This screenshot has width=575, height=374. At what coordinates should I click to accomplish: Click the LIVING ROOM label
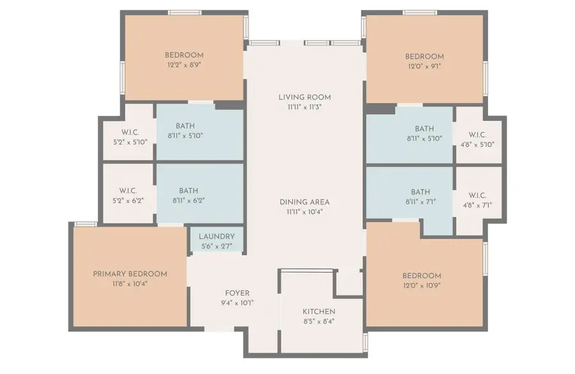click(x=304, y=98)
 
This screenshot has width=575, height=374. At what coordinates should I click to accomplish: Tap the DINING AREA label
click(x=304, y=202)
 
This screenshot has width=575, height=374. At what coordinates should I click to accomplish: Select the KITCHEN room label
click(x=318, y=311)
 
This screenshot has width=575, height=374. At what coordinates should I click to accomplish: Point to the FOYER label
click(x=237, y=293)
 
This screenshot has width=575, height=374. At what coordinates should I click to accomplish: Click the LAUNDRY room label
click(x=217, y=236)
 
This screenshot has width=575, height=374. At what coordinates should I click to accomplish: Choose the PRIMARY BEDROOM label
click(x=130, y=274)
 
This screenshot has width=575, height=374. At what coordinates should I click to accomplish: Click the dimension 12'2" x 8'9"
click(x=184, y=64)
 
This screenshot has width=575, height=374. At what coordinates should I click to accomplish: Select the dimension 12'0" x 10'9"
click(x=422, y=285)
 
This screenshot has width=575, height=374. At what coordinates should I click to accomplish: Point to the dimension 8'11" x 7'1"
click(x=420, y=202)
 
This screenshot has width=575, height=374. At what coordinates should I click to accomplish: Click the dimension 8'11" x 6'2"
click(x=188, y=200)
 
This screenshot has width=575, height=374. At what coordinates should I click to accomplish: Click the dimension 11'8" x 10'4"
click(x=130, y=284)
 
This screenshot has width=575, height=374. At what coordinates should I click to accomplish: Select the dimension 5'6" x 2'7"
click(x=217, y=246)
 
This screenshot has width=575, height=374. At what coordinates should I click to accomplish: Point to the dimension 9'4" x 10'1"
click(x=237, y=303)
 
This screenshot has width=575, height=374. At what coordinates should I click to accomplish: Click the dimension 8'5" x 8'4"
click(x=318, y=322)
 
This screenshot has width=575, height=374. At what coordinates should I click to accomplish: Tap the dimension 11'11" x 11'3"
click(x=304, y=107)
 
